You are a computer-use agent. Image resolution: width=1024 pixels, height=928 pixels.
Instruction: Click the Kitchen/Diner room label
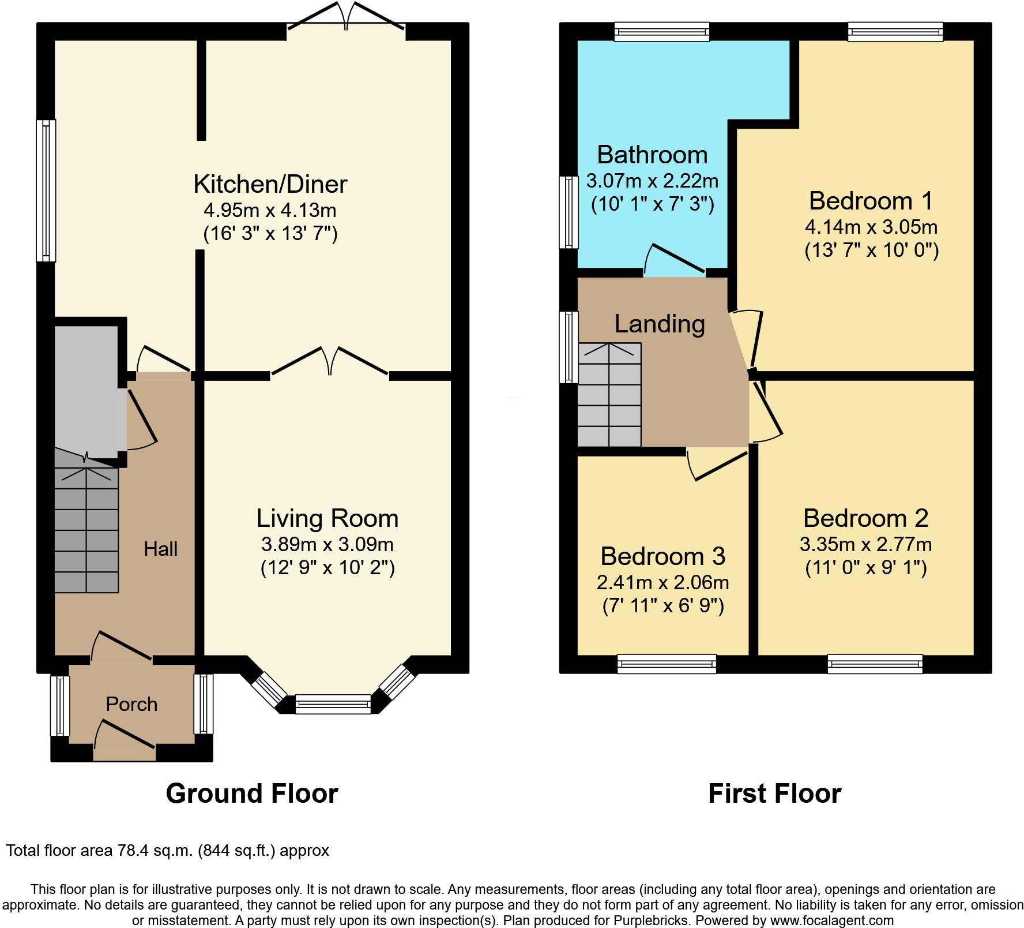pos(270,184)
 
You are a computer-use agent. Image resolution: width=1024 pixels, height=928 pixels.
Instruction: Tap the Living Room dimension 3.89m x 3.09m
pos(327,544)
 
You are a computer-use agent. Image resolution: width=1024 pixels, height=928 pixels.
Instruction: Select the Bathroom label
pos(652,155)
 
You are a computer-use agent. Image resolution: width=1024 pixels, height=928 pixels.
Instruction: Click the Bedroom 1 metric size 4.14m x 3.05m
pos(871,226)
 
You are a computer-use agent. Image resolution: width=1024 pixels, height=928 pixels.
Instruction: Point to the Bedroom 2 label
pos(865,518)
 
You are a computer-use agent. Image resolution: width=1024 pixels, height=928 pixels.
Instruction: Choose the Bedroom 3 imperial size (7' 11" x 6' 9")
pos(663,606)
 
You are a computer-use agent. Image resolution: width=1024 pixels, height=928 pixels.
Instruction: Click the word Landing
pos(660,324)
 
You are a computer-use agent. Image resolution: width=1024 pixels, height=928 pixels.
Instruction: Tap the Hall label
pos(160,549)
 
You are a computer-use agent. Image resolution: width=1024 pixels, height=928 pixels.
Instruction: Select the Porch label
pos(131,704)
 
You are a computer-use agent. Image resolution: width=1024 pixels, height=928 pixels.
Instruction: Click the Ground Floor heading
pos(251,794)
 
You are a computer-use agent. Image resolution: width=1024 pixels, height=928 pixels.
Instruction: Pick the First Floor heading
pos(774,794)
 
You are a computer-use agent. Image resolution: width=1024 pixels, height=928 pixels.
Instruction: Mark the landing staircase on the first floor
pos(609,395)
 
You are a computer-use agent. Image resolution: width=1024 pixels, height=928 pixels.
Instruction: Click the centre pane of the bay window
pos(333,704)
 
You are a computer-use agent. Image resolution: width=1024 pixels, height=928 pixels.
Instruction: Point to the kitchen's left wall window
pos(46,190)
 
